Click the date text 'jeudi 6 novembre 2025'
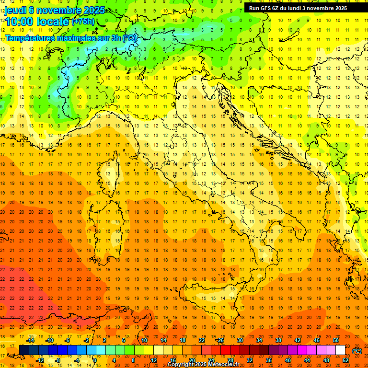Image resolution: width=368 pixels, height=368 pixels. click(x=55, y=10)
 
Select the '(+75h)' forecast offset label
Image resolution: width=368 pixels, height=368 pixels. click(x=83, y=22)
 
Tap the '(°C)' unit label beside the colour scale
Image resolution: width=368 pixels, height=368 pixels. click(x=357, y=351)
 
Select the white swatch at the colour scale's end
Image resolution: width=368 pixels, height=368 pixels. click(x=340, y=350)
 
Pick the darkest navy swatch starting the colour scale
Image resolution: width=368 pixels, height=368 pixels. click(x=24, y=350)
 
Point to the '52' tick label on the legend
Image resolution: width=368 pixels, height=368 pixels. click(x=345, y=360)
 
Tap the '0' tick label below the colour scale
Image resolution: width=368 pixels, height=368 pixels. click(x=95, y=360)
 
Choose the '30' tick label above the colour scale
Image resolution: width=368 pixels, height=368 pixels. click(x=240, y=340)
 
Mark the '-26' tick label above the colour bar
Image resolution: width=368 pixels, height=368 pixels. click(x=220, y=340)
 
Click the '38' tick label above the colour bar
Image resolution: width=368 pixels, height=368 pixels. click(x=278, y=340)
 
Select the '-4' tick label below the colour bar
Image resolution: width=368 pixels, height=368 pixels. click(x=77, y=360)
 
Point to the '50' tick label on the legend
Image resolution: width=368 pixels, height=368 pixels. click(x=336, y=340)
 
